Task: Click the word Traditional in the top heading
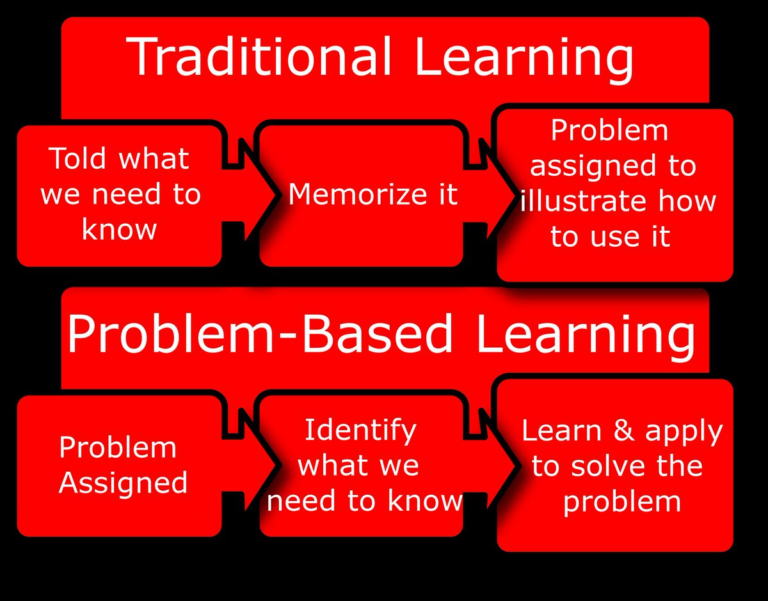tap(260, 56)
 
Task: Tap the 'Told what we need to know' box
tap(120, 195)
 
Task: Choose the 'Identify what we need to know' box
tap(362, 465)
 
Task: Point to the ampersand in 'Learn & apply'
tap(625, 432)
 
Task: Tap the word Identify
tap(360, 430)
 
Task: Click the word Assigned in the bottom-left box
tap(124, 483)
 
